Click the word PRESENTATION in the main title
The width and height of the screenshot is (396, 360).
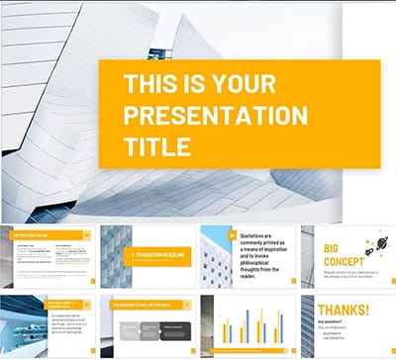[213, 114]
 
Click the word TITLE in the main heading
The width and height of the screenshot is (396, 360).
[153, 147]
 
